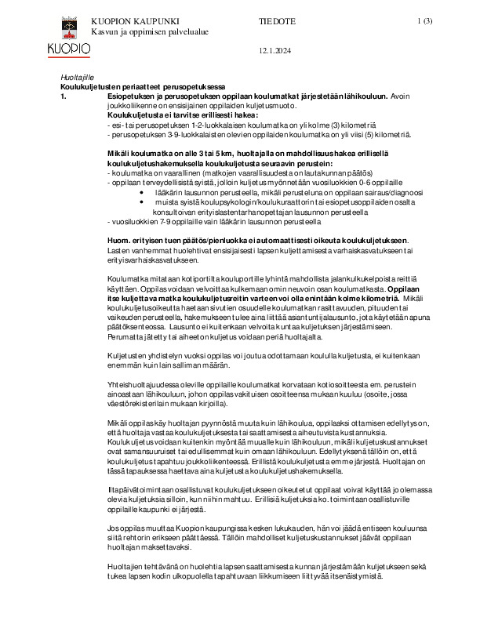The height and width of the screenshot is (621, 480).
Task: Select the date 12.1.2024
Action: (x=274, y=52)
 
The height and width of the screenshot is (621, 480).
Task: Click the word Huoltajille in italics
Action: (x=77, y=77)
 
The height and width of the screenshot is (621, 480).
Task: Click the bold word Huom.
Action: (x=118, y=239)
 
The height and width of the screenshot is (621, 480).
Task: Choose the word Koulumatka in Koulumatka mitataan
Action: (x=127, y=278)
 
